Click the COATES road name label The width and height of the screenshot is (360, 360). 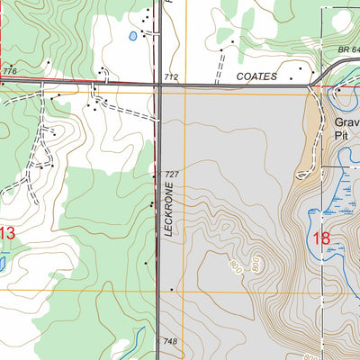pos(258,77)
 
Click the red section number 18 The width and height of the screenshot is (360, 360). pos(322,238)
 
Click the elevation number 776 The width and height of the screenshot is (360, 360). pos(9,71)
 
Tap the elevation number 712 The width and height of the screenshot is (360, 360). pos(172,78)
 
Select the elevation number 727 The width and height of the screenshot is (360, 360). pos(172,174)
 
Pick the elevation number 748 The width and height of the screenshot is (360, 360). pos(171,342)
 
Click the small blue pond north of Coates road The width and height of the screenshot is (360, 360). pos(133,37)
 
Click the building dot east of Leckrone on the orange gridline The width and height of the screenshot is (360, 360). pos(171,290)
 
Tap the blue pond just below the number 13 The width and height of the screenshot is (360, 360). pos(3,264)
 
